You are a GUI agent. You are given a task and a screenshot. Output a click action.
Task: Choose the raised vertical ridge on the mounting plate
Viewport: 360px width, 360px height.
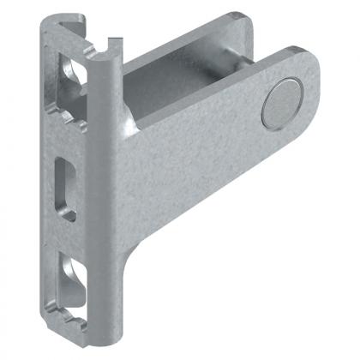point(101,171)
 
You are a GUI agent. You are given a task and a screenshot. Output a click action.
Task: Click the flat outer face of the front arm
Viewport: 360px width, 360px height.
point(197,163)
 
